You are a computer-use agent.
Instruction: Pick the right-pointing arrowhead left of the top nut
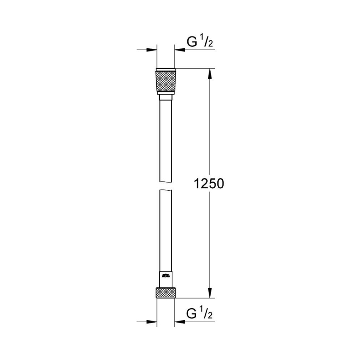click(x=152, y=50)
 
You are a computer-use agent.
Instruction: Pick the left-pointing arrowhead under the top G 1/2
click(x=180, y=50)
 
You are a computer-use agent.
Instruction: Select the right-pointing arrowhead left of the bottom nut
click(x=152, y=321)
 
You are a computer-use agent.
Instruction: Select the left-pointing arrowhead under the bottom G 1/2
click(x=180, y=321)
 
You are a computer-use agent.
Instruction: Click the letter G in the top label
click(x=192, y=42)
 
